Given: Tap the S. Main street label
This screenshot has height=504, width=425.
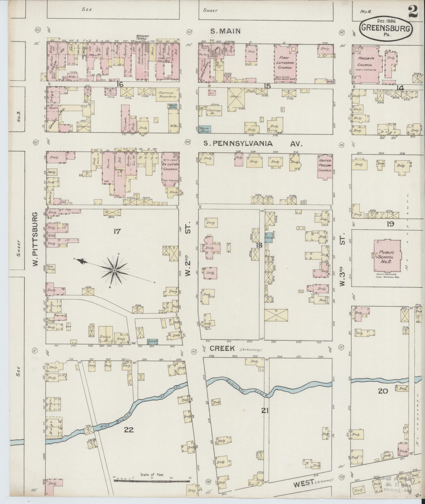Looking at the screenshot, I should [x=225, y=31].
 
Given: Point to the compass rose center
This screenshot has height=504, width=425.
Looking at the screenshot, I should [x=115, y=271].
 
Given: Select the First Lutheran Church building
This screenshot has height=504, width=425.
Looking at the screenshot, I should [x=286, y=63].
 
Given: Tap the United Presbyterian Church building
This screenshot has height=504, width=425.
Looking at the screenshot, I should [x=325, y=166].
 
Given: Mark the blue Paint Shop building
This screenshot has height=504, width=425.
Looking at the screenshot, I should [x=204, y=129].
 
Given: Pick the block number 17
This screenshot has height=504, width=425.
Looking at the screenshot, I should [x=117, y=231].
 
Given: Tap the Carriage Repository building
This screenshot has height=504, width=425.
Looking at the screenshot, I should [x=167, y=95].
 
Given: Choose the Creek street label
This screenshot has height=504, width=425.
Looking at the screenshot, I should [x=222, y=348].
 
